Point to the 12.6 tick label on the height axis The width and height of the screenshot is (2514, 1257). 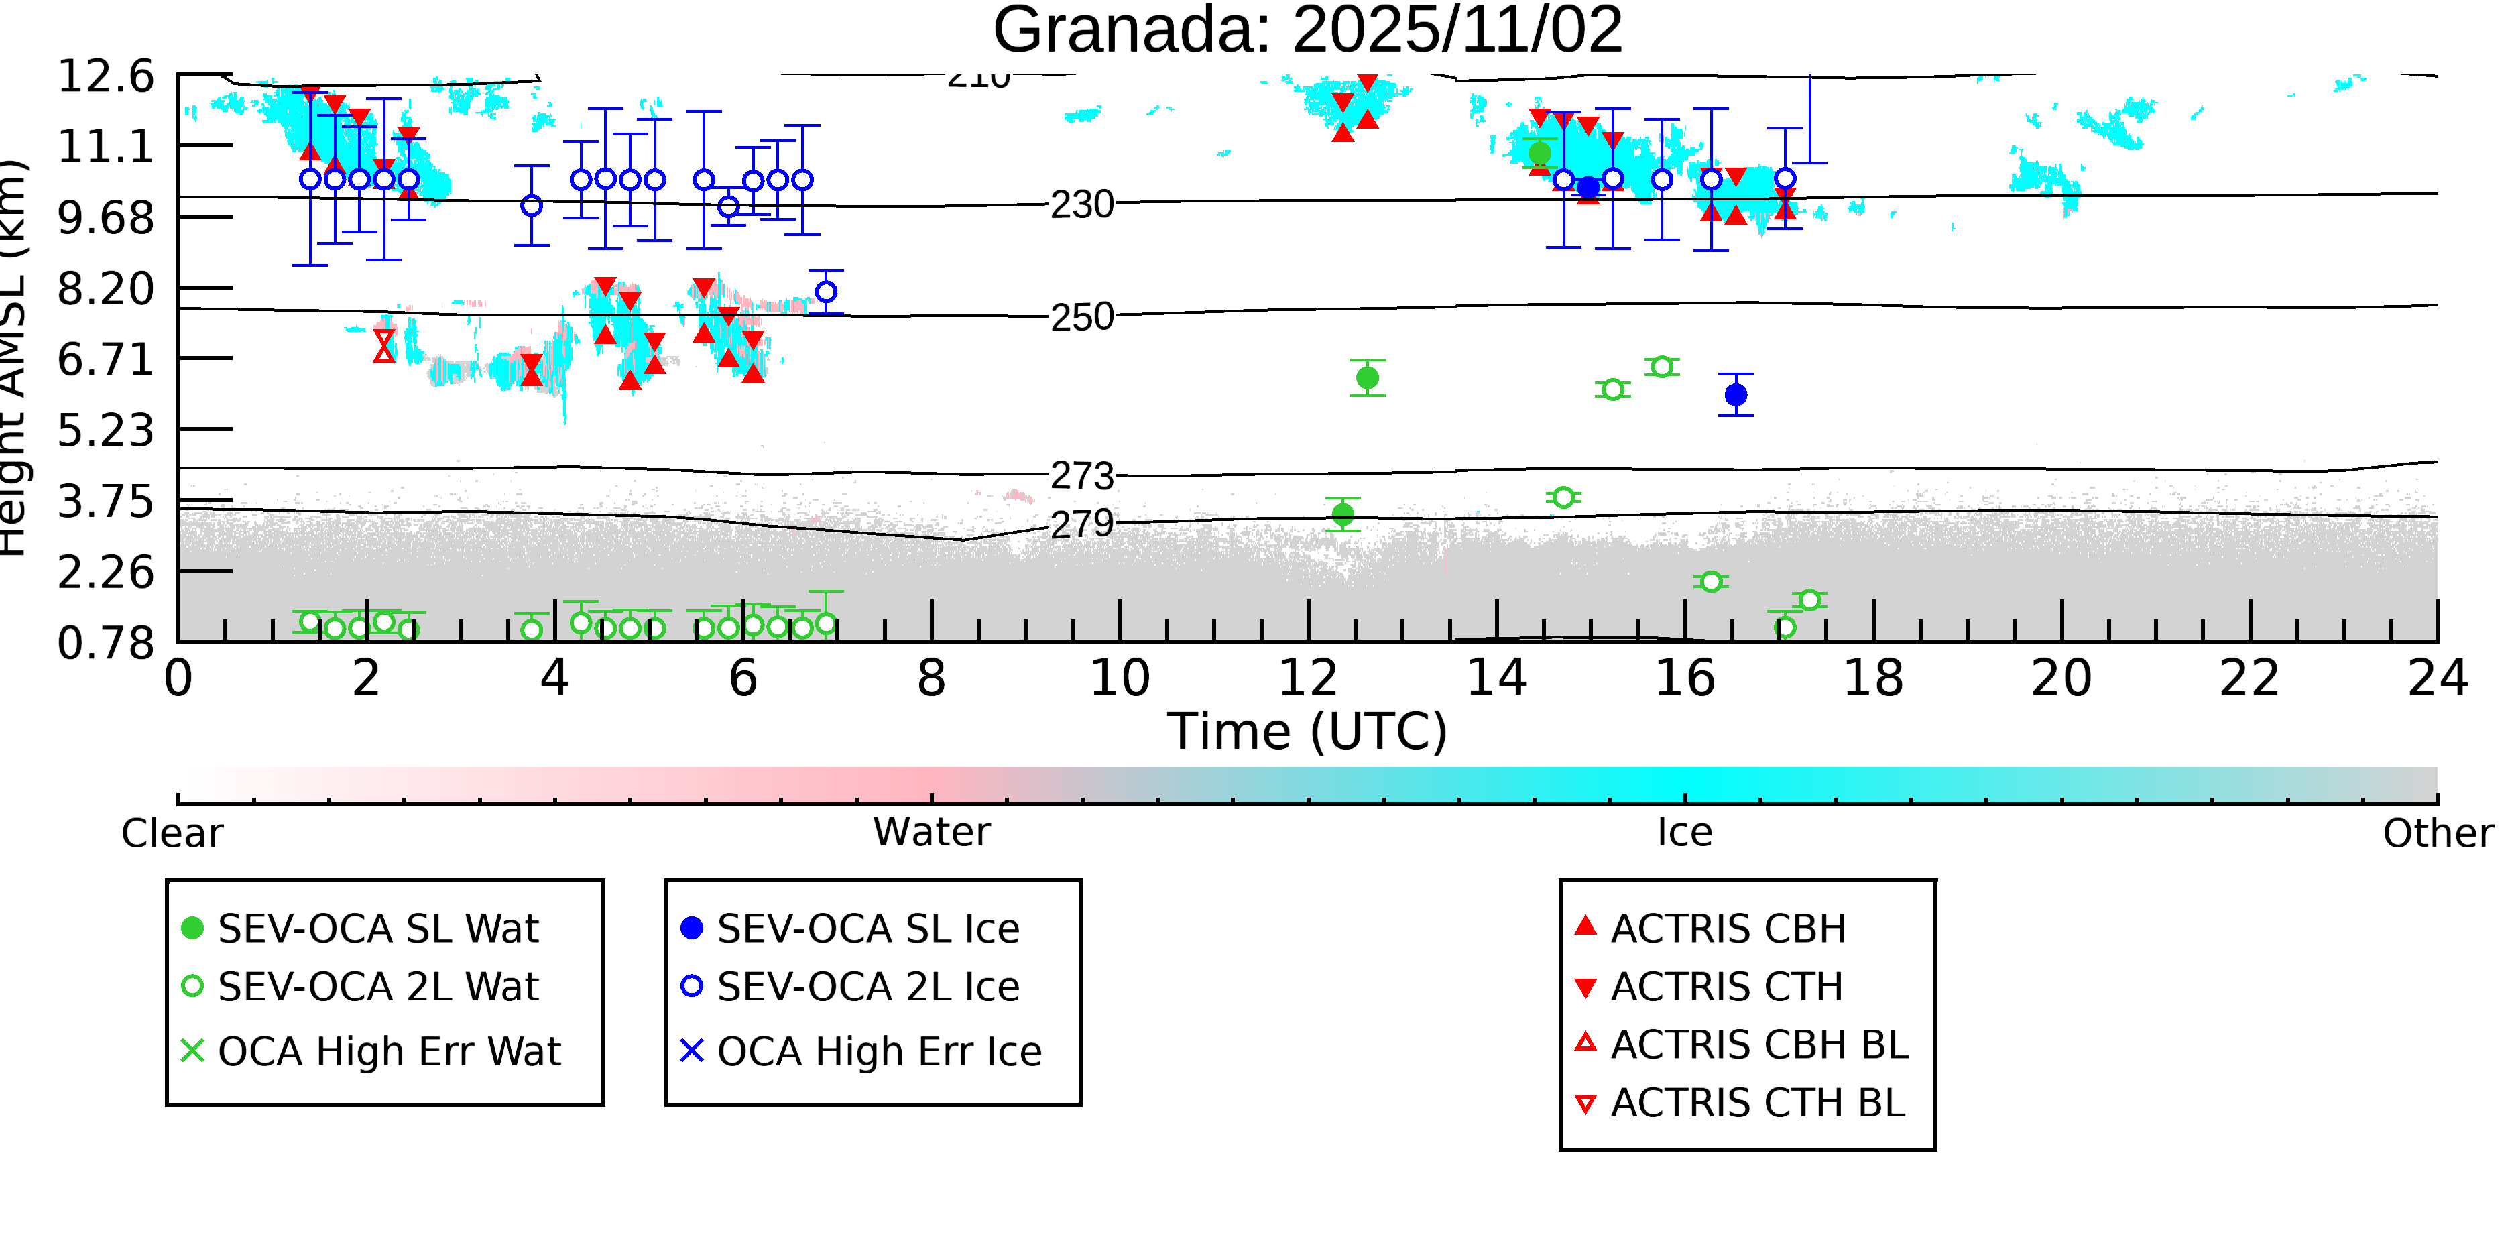click(x=105, y=76)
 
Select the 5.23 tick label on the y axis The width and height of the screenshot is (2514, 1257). click(x=105, y=430)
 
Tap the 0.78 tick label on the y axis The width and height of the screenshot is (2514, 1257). click(x=105, y=643)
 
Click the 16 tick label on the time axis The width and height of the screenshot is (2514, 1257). click(x=1685, y=679)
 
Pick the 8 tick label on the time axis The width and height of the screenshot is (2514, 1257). click(x=931, y=679)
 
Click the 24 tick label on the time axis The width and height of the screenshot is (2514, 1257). click(x=2437, y=679)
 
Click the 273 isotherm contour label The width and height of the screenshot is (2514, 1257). click(x=1081, y=476)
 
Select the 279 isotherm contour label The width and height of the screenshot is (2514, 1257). click(x=1081, y=525)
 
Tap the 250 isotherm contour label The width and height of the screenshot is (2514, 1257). click(x=1081, y=317)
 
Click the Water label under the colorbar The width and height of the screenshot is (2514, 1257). click(x=931, y=833)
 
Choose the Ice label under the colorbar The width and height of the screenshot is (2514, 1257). click(x=1685, y=833)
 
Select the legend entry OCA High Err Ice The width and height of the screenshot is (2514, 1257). click(x=878, y=1052)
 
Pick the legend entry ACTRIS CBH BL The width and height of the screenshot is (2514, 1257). click(x=1758, y=1045)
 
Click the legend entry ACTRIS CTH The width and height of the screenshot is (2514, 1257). click(x=1726, y=987)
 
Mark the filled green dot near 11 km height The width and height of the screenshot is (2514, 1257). click(x=1539, y=154)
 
